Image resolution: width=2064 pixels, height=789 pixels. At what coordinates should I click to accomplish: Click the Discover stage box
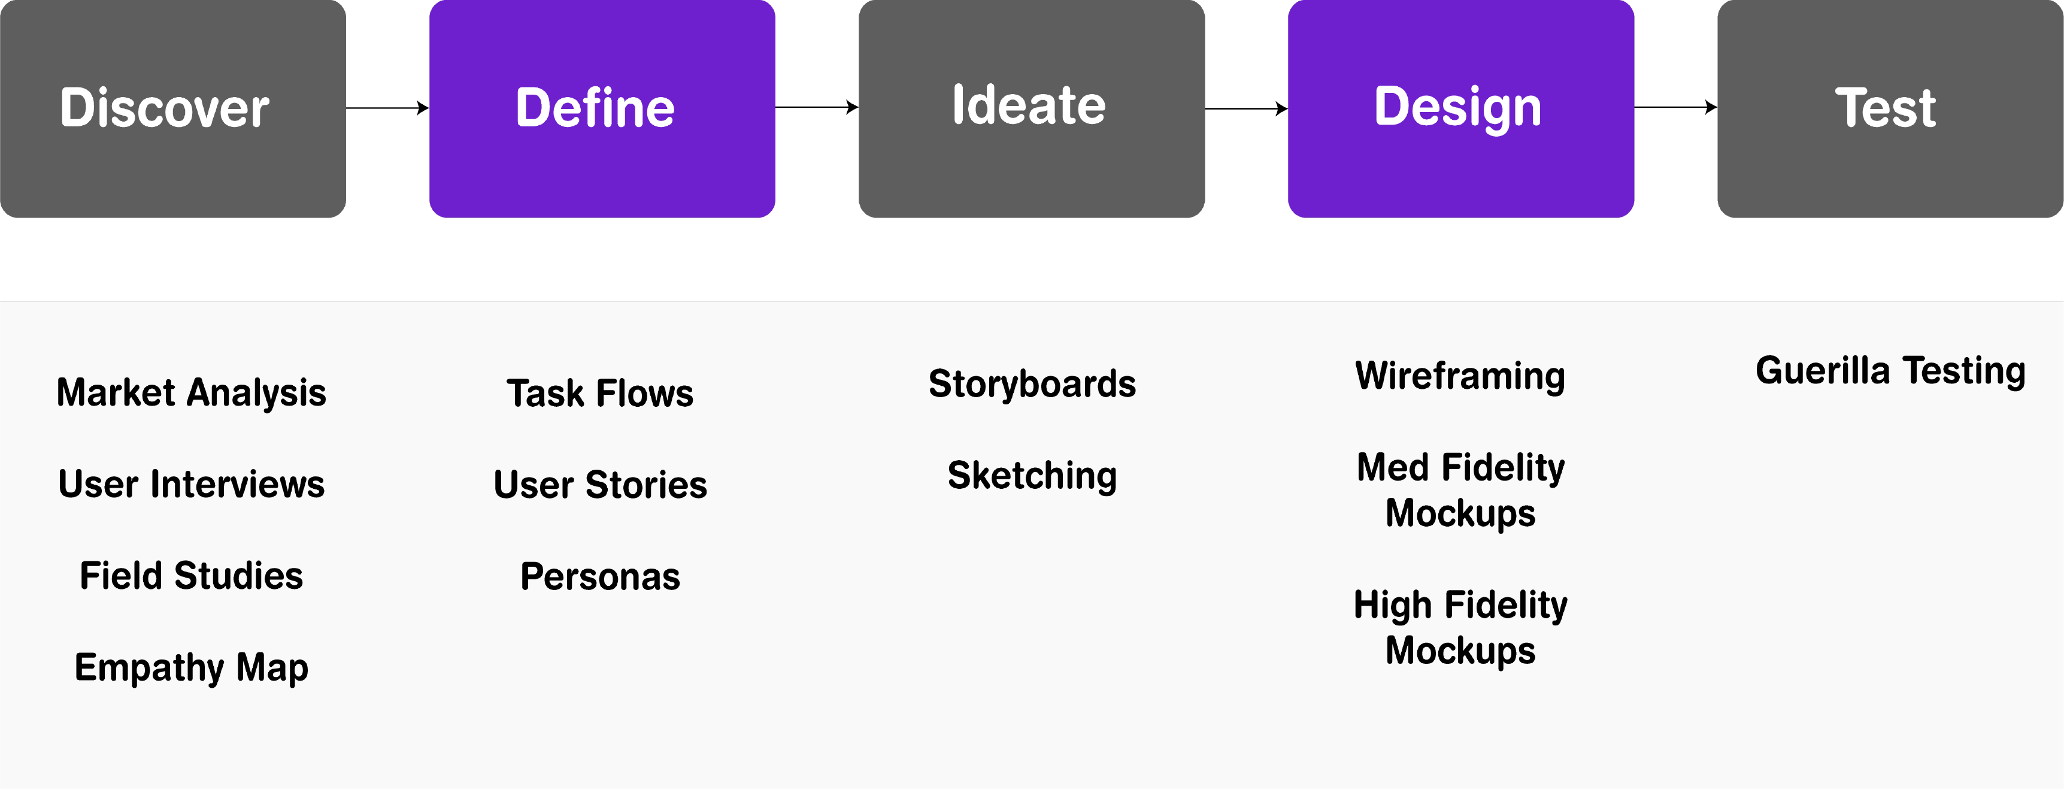pos(173,108)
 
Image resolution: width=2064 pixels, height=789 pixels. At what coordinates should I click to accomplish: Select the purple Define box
pos(602,108)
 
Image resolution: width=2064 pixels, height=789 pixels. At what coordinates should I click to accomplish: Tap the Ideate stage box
pos(1032,108)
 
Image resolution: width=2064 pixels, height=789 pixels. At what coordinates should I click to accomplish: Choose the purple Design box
pos(1462,108)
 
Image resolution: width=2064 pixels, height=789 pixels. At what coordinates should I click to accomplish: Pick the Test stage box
pos(1890,108)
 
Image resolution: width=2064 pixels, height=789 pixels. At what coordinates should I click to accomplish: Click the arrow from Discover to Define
pos(388,107)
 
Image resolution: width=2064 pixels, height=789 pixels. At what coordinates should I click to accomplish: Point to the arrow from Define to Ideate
pos(817,107)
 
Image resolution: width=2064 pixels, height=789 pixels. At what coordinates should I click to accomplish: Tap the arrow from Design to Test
pos(1676,107)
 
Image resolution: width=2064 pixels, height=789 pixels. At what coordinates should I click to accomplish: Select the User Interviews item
pos(192,484)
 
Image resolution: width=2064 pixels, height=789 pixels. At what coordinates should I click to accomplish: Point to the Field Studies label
pos(192,576)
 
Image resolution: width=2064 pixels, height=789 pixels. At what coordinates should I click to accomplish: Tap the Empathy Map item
pos(192,668)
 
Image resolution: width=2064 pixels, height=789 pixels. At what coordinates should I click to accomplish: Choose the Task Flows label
pos(600,394)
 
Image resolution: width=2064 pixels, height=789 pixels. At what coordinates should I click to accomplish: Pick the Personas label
pos(600,576)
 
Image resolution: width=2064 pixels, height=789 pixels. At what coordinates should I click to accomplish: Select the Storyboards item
pos(1032,384)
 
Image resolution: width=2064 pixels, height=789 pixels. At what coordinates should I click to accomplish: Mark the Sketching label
pos(1032,476)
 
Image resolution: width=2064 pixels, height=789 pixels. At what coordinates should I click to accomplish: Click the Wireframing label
pos(1460,377)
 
